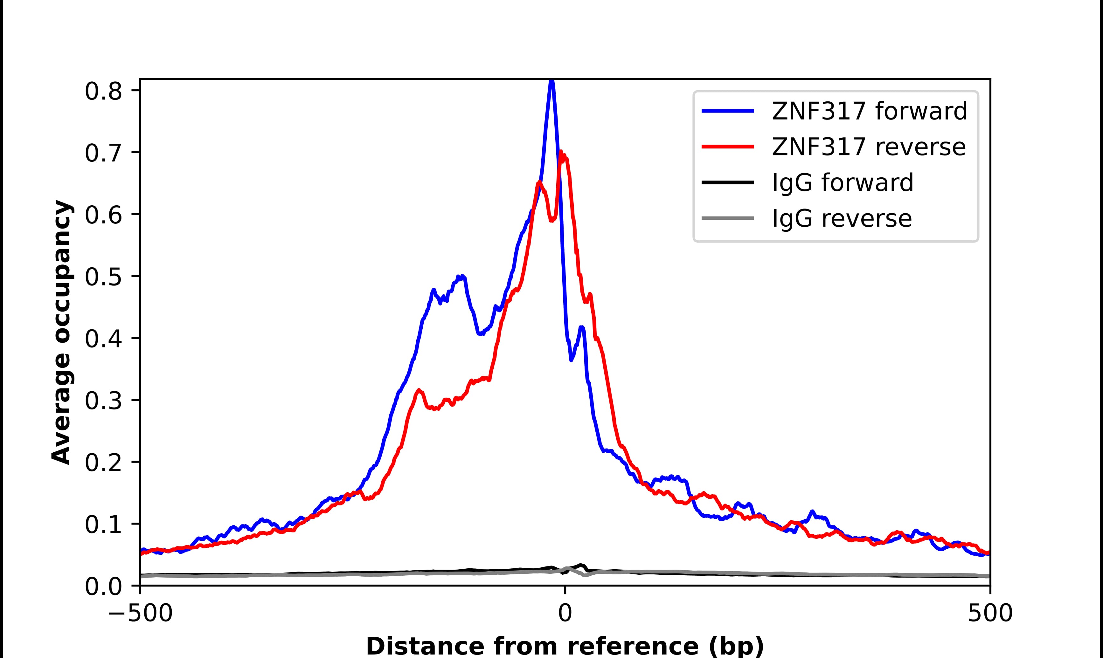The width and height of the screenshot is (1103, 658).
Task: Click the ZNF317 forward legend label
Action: pos(869,111)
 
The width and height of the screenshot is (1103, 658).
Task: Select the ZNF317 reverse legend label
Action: pos(868,147)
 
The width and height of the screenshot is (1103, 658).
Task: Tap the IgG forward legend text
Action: pos(843,183)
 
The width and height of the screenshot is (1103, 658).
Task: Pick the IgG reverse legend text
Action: pos(842,219)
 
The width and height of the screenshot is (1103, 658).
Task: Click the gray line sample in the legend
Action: pos(727,218)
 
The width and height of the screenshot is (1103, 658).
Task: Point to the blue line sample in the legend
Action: pos(727,111)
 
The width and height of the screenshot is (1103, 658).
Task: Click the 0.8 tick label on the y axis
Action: pos(103,92)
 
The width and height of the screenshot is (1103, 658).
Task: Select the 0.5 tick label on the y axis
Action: pos(103,277)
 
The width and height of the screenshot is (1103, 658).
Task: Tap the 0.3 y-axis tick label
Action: pos(103,401)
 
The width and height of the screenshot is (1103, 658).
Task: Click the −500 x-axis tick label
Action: pos(140,614)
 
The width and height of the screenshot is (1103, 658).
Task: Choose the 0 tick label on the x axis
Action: pos(565,614)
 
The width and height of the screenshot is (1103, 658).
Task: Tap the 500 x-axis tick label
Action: pos(990,614)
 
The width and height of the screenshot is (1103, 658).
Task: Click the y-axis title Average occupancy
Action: pos(61,332)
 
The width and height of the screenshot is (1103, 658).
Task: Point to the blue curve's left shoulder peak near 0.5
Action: pos(462,277)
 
